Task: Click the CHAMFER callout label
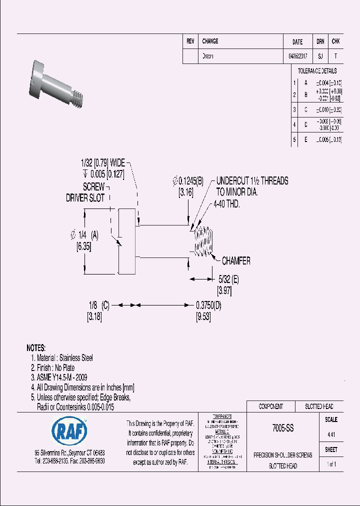coord(236,261)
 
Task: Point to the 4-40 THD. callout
coord(226,204)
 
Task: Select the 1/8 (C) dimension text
coord(98,305)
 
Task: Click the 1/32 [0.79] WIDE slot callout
coord(102,163)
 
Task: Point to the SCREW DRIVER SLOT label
coord(86,192)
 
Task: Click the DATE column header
coord(297,42)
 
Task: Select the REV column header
coord(190,41)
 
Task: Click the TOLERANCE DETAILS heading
coord(317,71)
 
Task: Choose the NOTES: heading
coord(36,347)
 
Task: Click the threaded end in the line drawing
coord(202,242)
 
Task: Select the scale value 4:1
coord(331,435)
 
